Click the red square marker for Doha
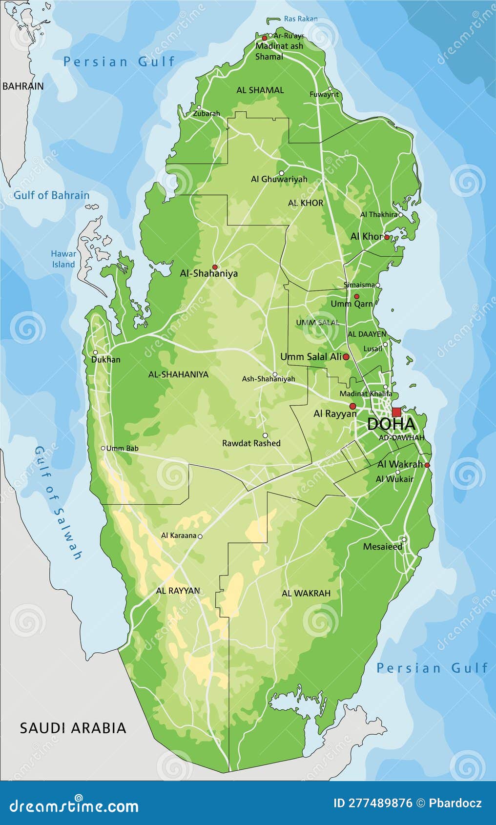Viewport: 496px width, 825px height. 396,412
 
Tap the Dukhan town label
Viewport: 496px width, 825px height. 105,359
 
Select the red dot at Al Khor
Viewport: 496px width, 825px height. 387,237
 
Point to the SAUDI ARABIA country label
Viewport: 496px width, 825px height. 73,728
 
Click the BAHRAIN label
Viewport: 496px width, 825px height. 23,86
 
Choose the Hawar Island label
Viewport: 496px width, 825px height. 63,259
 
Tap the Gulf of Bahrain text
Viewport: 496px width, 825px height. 51,195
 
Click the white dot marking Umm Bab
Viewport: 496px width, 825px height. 103,448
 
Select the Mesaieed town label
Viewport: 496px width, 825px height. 383,546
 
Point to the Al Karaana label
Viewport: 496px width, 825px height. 178,536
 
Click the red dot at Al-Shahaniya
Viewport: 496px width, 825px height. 214,267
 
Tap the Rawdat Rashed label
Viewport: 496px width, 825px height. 251,443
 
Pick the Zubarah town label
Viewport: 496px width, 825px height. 207,113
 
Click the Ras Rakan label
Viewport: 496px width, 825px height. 300,19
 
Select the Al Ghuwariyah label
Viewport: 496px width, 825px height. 279,179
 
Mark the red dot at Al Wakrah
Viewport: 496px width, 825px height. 427,465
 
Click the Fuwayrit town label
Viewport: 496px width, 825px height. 324,94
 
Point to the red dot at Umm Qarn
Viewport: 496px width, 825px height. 356,296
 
